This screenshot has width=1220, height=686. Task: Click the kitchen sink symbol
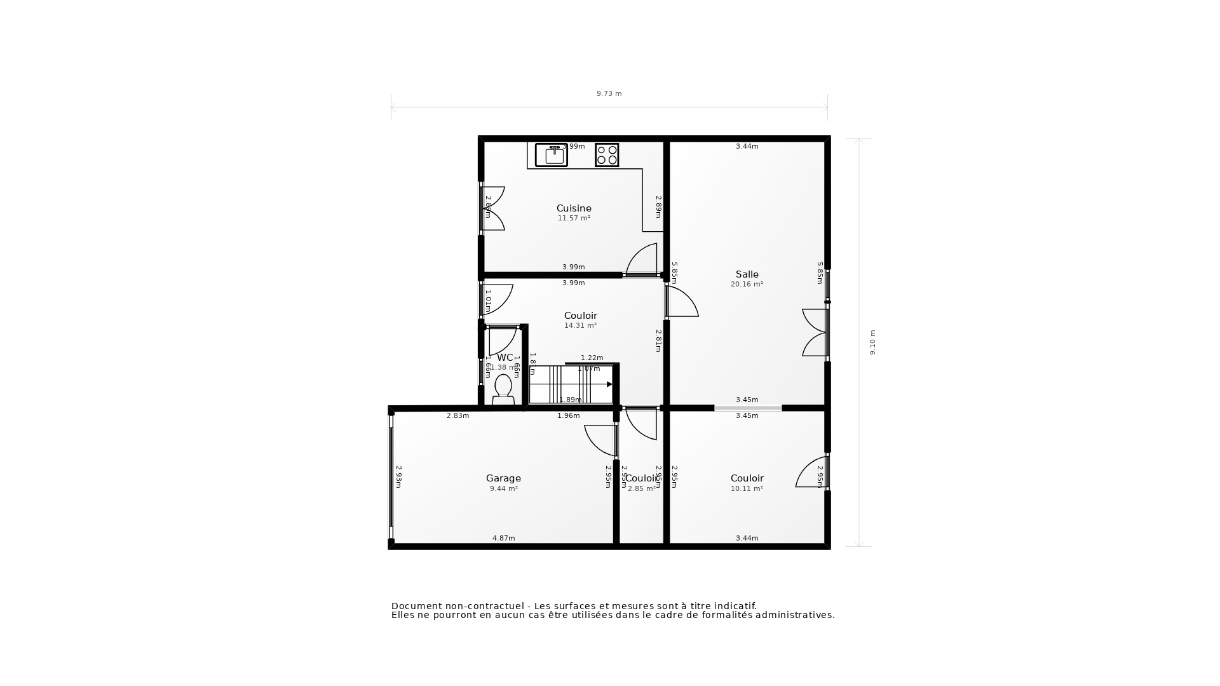551,155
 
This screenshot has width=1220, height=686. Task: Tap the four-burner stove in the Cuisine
607,155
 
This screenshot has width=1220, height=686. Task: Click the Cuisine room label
574,208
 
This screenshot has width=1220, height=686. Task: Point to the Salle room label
747,274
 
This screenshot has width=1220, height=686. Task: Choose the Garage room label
503,478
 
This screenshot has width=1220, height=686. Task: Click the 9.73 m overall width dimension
609,93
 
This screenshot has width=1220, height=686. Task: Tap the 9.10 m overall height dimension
872,342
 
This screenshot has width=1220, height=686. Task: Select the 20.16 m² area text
747,285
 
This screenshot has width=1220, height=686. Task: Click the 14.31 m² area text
580,326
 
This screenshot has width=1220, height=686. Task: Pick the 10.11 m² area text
747,489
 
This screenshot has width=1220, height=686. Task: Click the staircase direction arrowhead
609,384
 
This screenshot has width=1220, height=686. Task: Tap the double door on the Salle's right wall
816,332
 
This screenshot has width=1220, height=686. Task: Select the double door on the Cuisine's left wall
493,208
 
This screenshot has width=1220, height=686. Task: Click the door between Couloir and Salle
681,302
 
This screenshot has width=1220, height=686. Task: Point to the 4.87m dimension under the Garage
503,538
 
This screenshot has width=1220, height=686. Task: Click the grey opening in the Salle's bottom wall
748,408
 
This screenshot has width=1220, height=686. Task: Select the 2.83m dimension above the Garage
457,416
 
